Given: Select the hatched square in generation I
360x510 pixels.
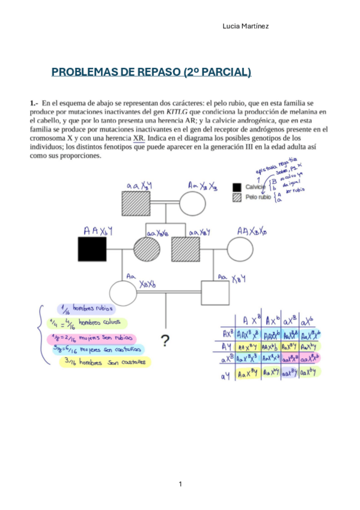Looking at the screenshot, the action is pos(135,202).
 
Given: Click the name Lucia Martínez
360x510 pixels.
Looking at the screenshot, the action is pos(245,26).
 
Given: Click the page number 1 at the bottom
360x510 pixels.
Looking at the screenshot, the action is pos(180,484).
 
